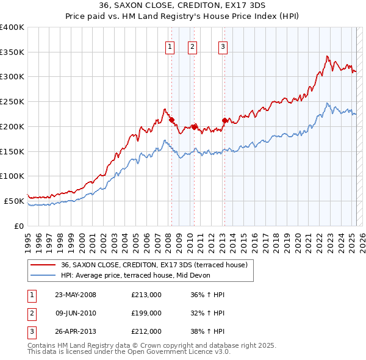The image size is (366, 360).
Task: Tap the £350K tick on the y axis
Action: point(12,52)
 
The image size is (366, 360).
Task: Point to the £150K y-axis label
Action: point(12,151)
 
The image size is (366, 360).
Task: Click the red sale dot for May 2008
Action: point(171,120)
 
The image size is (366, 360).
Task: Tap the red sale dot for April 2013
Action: point(224,121)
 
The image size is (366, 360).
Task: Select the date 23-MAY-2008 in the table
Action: point(76,295)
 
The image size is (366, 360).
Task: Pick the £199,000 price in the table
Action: point(146,313)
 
